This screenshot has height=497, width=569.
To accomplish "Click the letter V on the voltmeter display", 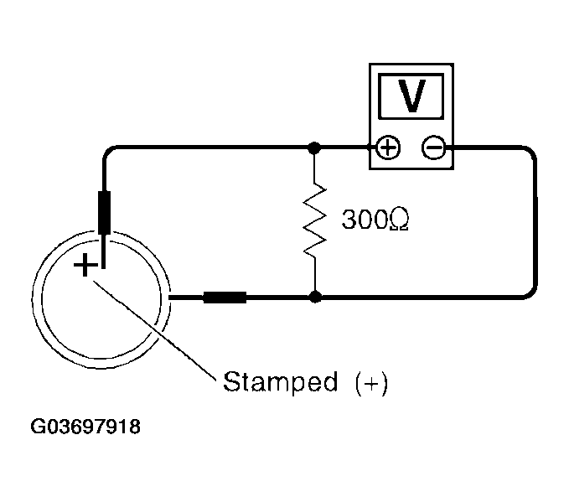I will [411, 97].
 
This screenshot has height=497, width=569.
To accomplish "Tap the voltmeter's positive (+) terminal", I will [388, 149].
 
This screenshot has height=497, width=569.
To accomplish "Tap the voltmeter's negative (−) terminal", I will [432, 149].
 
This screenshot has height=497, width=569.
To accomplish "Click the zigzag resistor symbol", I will [315, 220].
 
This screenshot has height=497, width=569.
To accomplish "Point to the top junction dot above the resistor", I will [315, 149].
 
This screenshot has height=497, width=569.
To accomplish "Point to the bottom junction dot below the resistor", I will [315, 297].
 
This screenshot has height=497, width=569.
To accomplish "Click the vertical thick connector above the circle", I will [106, 212].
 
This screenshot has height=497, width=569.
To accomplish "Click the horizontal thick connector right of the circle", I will [225, 297].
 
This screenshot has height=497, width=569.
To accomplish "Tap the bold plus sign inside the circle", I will [85, 267].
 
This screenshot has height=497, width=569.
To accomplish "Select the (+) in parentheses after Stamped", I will [371, 383].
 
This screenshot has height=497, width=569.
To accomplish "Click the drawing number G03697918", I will [85, 427].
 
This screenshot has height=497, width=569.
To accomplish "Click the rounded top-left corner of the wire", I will [109, 153].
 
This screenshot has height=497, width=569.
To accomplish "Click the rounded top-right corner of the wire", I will [529, 153].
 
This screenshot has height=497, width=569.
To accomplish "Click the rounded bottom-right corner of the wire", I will [529, 293].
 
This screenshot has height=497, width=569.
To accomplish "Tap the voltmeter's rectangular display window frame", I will [411, 80].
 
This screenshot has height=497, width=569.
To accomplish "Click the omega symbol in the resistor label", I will [399, 220].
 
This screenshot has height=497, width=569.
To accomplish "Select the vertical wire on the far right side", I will [534, 222].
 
